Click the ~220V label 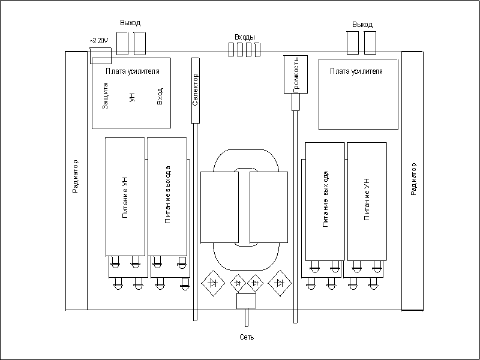click(x=98, y=40)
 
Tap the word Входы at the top click(x=245, y=37)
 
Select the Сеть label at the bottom click(x=247, y=337)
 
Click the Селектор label click(x=195, y=89)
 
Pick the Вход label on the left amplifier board click(x=160, y=96)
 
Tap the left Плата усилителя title click(x=132, y=71)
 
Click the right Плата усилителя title click(x=356, y=71)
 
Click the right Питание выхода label click(x=325, y=200)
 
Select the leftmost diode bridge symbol click(x=212, y=281)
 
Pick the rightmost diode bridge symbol click(x=278, y=281)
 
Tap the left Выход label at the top click(x=130, y=23)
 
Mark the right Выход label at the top click(x=362, y=25)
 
